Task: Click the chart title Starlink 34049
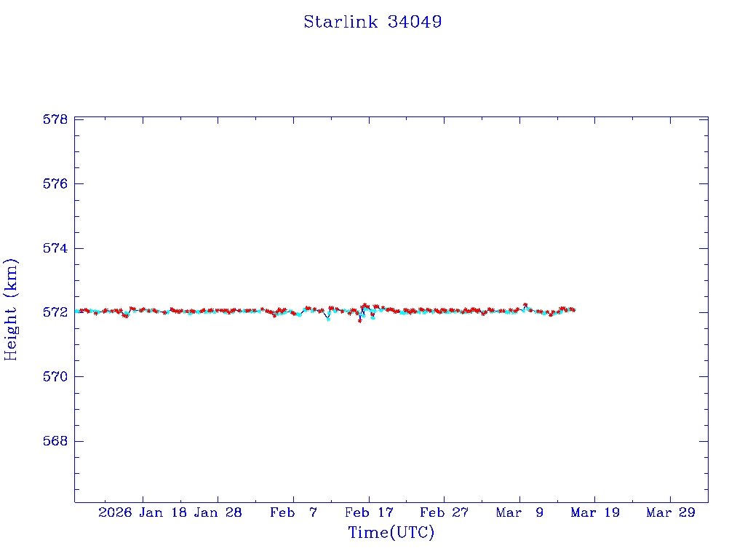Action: click(x=372, y=22)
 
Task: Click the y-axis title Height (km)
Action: click(x=11, y=309)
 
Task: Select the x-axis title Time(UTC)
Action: click(x=391, y=533)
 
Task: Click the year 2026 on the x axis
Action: click(x=116, y=512)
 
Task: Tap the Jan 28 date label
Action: click(x=218, y=512)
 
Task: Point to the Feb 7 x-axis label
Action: click(x=293, y=512)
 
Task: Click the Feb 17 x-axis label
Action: click(x=369, y=512)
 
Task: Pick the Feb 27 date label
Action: click(x=444, y=512)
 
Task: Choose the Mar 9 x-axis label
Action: click(x=519, y=512)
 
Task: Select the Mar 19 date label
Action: click(x=595, y=512)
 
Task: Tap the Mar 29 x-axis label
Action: click(x=670, y=512)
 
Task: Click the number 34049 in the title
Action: click(x=415, y=22)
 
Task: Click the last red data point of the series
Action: click(x=573, y=310)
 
